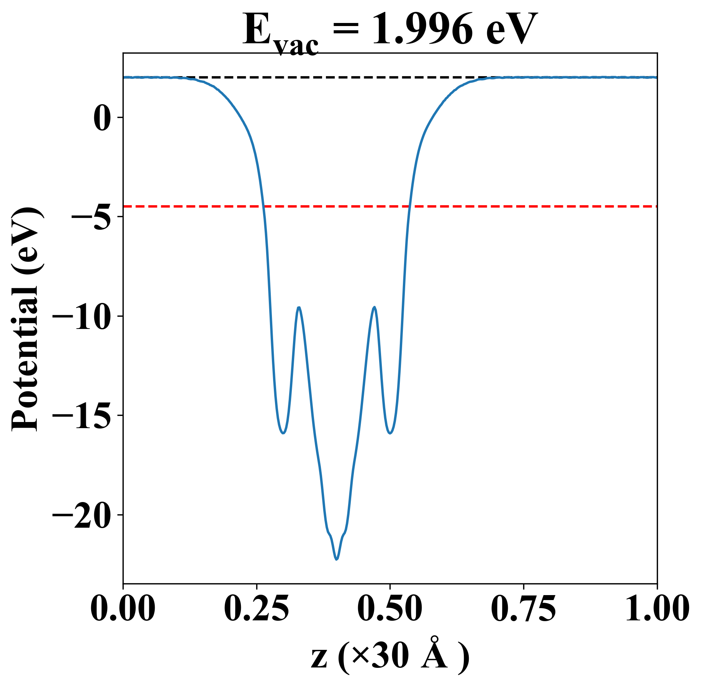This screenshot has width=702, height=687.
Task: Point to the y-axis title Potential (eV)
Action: pos(26,319)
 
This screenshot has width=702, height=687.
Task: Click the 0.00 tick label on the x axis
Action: pos(123,609)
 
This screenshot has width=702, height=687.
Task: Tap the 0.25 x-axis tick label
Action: pos(256,609)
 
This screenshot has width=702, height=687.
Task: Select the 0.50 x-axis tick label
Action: pos(390,609)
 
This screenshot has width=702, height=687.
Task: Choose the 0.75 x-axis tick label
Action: pos(523,609)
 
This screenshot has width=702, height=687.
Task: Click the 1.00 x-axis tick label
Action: pos(656,609)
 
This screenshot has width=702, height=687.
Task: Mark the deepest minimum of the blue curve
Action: pos(337,559)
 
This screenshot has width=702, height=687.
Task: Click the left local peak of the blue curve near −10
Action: pos(299,308)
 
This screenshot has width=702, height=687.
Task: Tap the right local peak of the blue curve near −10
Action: pos(374,308)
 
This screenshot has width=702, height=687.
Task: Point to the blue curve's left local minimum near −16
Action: pos(283,433)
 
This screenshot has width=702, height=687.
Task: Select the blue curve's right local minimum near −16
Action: pos(390,433)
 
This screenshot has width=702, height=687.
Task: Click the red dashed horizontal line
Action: pos(498,206)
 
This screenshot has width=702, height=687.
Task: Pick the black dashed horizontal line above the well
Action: pos(345,77)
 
